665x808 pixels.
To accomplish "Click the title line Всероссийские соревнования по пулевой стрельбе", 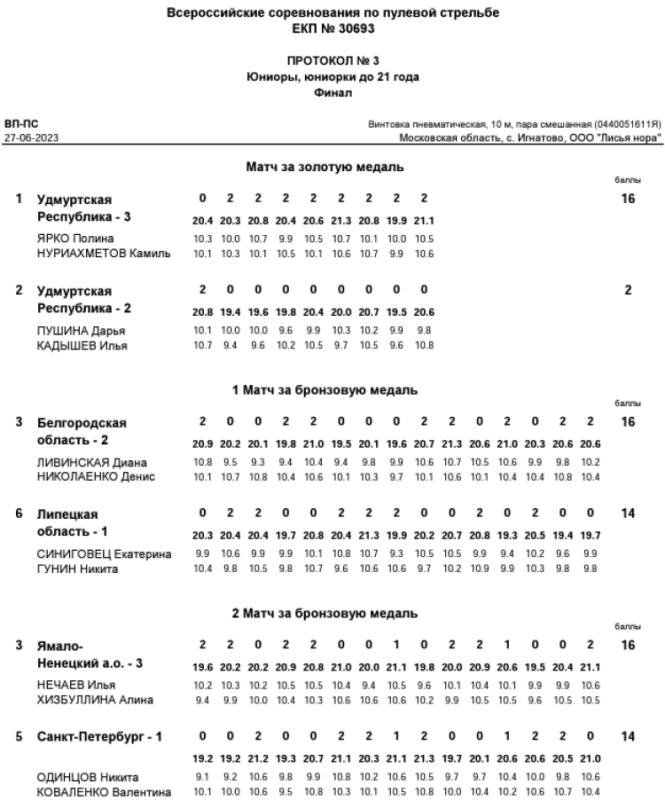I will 332,14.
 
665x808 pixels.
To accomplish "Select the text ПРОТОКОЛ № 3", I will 332,62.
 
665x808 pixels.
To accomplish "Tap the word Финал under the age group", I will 332,92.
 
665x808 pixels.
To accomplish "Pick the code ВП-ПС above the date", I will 21,124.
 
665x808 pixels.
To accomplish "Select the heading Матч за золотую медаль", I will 325,167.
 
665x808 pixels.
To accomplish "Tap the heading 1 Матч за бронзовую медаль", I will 325,390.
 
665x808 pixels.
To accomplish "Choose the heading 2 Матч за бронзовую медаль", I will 325,614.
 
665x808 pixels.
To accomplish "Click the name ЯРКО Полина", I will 75,239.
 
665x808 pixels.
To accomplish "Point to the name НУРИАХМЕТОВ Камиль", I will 103,254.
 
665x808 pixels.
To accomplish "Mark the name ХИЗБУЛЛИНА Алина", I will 95,701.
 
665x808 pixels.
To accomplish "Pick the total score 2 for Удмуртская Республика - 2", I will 628,290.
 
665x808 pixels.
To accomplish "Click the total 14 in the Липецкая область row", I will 628,514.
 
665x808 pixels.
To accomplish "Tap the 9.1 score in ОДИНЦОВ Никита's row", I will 201,776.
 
